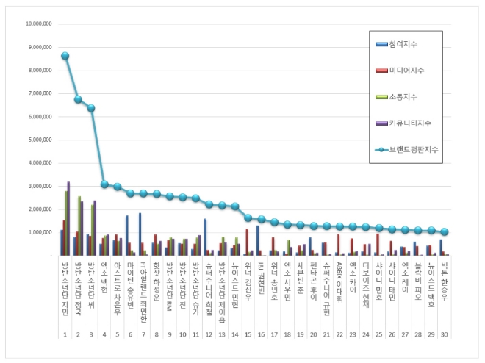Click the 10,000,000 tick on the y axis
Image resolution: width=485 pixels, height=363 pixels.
point(37,24)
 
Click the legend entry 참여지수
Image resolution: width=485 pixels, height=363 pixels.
point(411,44)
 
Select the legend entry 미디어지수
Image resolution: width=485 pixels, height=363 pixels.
point(412,71)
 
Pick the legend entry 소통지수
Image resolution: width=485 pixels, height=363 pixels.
point(411,97)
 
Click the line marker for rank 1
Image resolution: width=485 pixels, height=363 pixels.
point(65,56)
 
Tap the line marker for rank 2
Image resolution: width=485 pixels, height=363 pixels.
point(79,99)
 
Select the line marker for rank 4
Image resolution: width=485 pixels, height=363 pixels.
point(104,184)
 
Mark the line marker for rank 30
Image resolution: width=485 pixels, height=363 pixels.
point(445,231)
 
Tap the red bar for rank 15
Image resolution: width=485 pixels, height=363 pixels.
point(247,242)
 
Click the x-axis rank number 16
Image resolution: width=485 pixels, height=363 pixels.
point(262,334)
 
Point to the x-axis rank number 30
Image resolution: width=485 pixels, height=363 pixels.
point(444,334)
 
